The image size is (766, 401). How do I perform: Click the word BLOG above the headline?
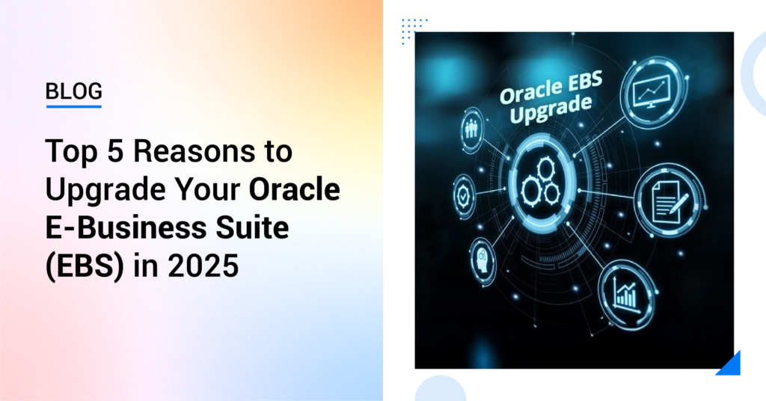(x=74, y=91)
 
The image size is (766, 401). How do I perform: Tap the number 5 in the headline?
(x=116, y=151)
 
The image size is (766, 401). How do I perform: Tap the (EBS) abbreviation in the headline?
(x=85, y=267)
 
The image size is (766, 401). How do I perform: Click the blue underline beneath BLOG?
(x=74, y=106)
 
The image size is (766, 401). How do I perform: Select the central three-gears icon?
(x=541, y=183)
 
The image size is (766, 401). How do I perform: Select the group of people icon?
(x=472, y=129)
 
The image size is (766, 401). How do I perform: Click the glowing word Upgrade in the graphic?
(x=550, y=109)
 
